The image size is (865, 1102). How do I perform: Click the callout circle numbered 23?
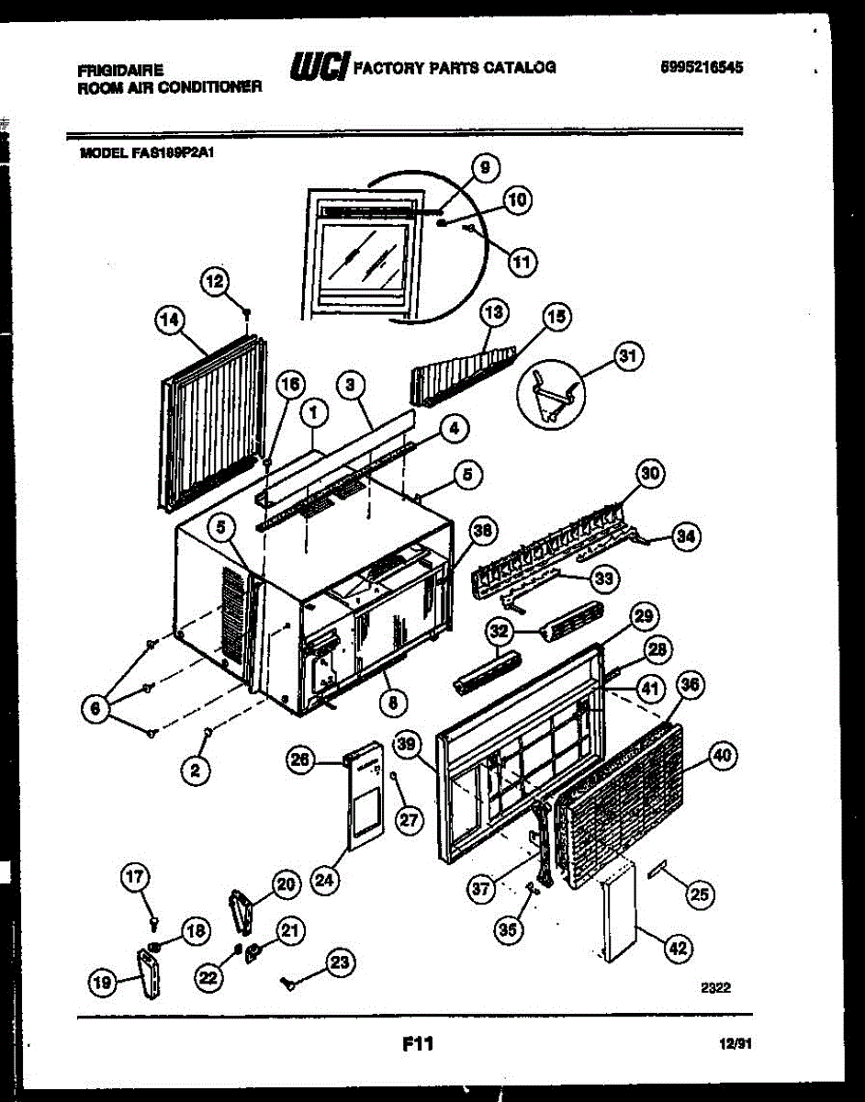340,962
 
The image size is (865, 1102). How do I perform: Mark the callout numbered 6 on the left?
91,707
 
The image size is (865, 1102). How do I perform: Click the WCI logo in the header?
318,66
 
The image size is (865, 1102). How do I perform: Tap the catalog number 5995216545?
702,67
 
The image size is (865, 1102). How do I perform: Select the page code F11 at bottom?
417,1043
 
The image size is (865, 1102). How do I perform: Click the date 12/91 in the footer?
734,1044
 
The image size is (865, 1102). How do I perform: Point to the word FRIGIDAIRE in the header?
120,70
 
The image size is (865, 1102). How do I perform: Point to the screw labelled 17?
154,913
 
